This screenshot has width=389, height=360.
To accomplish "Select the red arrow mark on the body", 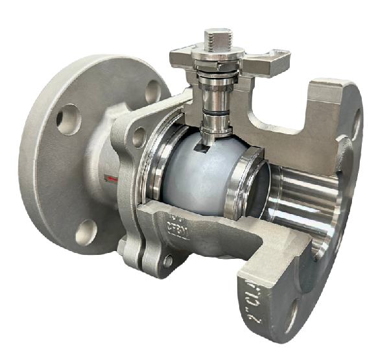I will [113, 176].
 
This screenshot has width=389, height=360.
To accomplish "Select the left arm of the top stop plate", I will [182, 60].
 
